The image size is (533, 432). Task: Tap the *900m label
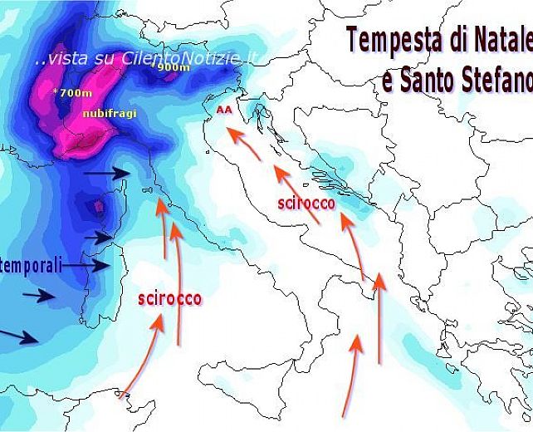173,67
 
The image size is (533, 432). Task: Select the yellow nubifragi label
108,113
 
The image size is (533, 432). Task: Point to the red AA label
222,109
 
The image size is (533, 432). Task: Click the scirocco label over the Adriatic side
306,203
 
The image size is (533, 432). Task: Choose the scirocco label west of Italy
169,298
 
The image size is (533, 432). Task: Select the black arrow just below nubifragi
108,173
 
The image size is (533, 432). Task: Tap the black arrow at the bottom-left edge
18,336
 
